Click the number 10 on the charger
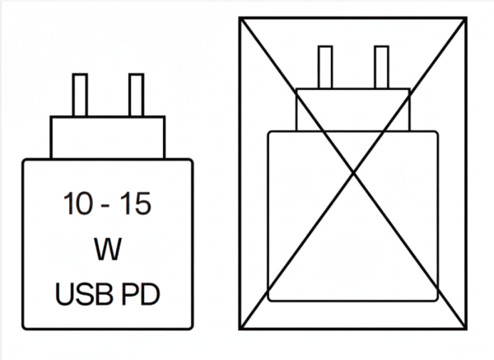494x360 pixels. point(78,203)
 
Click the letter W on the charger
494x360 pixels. point(108,249)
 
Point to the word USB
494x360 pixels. point(84,294)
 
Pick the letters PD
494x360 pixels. point(141,294)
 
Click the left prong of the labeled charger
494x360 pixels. point(80,96)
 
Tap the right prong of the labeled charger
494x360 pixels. point(137,96)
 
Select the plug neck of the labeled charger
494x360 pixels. point(108,138)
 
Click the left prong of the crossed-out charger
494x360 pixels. point(325,68)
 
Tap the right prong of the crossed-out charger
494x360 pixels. point(381,68)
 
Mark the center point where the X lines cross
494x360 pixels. point(353,173)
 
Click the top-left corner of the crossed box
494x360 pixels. point(240,19)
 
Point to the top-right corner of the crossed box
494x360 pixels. point(465,19)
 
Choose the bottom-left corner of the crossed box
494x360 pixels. point(240,328)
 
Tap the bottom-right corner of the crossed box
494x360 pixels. point(465,328)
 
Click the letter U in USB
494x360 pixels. point(64,294)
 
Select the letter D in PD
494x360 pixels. point(150,294)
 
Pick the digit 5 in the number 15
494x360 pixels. point(142,204)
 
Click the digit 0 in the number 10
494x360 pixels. point(85,203)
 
